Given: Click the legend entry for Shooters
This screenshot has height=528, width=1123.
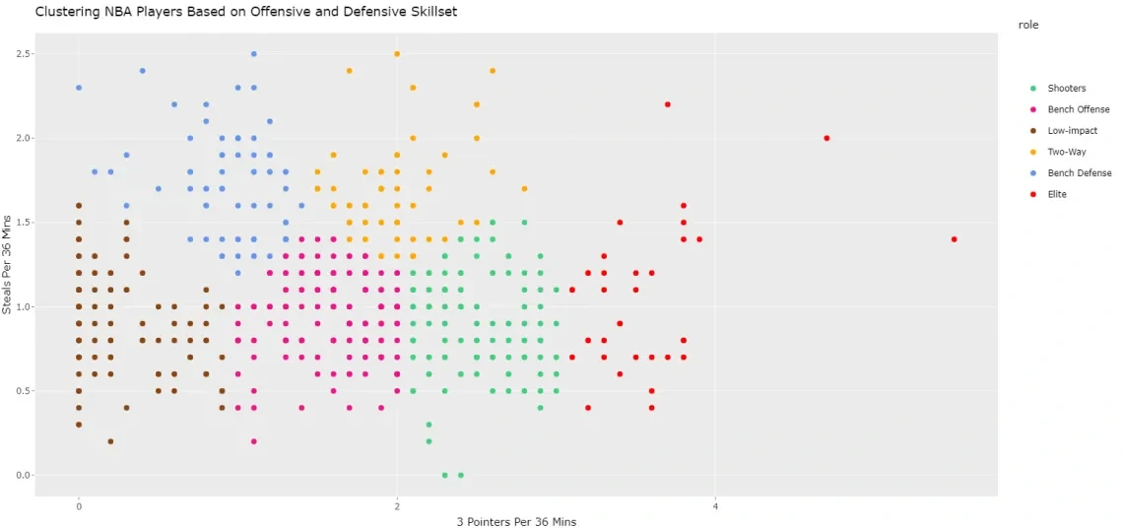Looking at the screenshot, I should tap(1066, 89).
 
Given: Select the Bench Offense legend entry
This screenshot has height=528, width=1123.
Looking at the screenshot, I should tap(1078, 109).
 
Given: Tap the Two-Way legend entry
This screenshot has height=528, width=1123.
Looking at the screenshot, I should tap(1066, 152).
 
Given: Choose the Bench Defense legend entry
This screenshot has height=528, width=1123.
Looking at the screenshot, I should tap(1079, 173).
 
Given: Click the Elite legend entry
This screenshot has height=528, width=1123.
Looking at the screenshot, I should tap(1056, 194).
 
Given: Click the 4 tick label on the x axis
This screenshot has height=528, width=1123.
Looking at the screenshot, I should tap(715, 506).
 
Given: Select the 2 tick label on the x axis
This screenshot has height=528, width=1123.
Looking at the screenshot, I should tap(397, 506).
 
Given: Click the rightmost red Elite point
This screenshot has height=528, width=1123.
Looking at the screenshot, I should tap(954, 239).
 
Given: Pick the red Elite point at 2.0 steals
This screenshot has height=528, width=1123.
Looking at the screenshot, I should tap(826, 138).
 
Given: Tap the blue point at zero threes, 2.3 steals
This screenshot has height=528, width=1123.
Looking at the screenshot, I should tap(79, 88).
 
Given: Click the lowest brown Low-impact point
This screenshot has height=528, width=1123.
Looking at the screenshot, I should tap(110, 441).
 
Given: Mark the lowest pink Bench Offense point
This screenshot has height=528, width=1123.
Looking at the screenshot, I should tap(253, 441).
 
